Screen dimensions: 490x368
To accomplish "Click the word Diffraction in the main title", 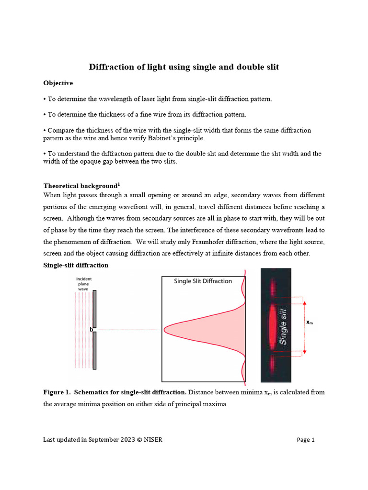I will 113,67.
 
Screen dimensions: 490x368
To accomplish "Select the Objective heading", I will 58,83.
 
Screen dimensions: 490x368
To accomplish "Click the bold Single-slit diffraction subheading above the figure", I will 76,265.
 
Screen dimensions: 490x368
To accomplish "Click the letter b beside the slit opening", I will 91,330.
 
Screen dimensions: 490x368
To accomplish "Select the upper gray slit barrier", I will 94,309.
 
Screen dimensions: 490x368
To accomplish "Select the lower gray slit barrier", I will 94,351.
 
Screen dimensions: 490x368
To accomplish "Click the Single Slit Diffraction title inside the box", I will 203,281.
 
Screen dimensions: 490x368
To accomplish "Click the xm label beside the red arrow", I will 310,323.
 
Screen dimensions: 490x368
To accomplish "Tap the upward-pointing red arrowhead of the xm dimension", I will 305,302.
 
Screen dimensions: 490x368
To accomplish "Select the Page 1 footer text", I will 305,440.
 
